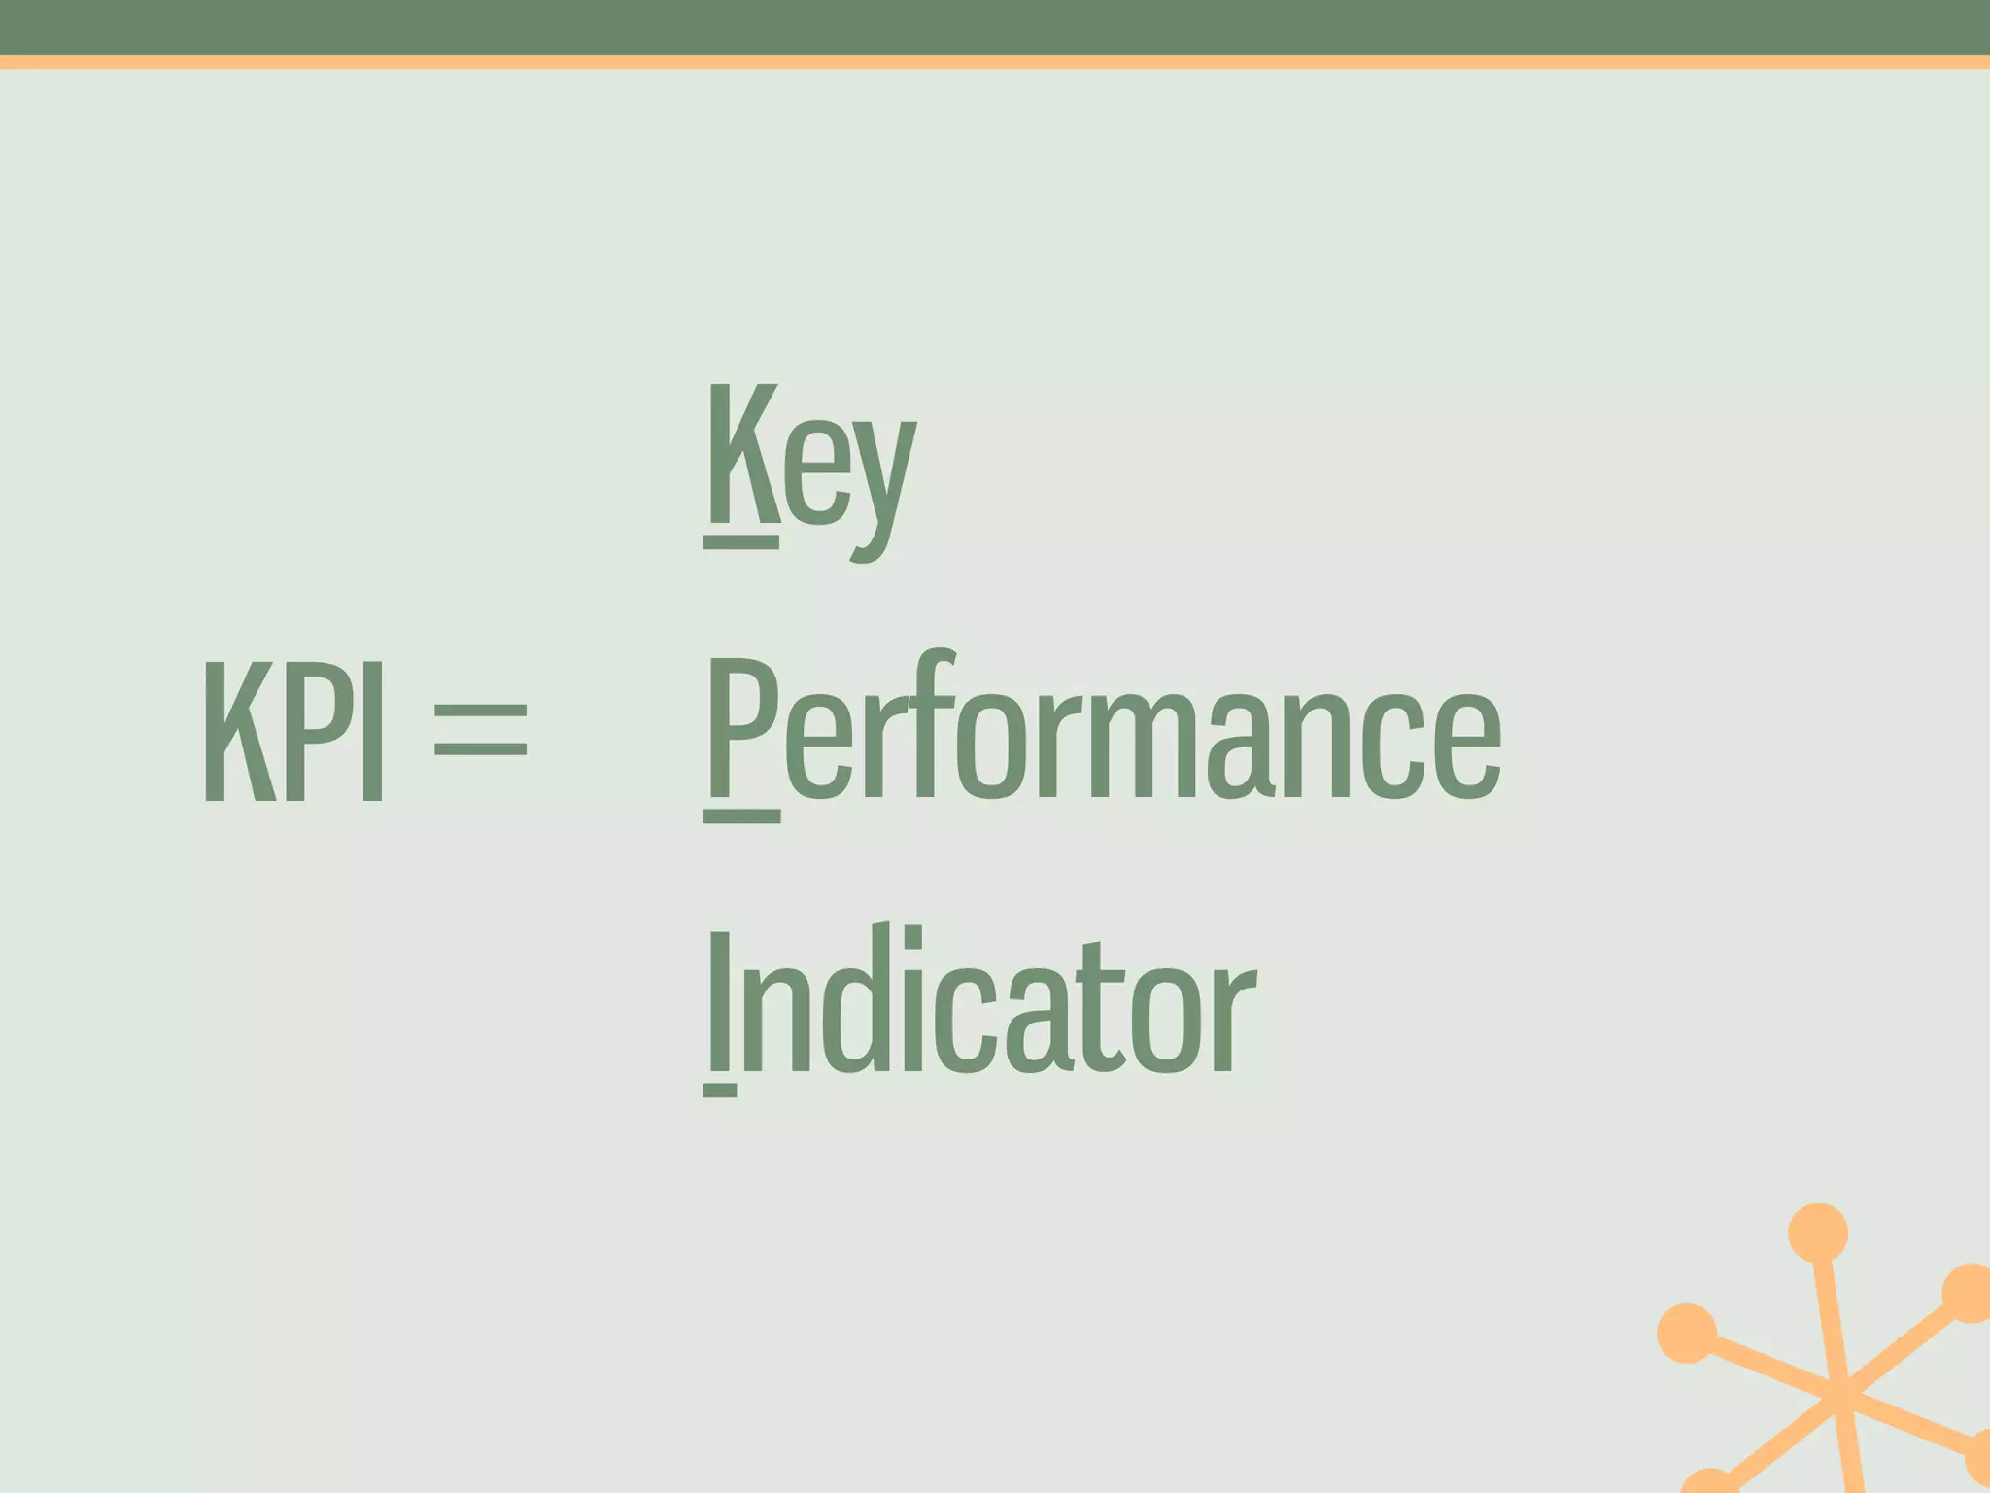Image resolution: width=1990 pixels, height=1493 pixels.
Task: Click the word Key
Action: (809, 467)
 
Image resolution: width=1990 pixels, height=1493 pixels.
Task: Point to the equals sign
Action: (480, 729)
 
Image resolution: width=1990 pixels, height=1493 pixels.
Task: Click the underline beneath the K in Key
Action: (741, 542)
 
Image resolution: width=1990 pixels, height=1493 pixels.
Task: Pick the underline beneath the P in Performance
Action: (742, 816)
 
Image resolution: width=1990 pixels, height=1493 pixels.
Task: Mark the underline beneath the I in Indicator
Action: (720, 1090)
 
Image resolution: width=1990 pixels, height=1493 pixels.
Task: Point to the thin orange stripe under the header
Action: (995, 62)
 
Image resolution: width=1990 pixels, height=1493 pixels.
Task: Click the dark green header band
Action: (995, 27)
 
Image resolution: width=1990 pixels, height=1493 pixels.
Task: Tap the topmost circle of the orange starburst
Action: (1818, 1233)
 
